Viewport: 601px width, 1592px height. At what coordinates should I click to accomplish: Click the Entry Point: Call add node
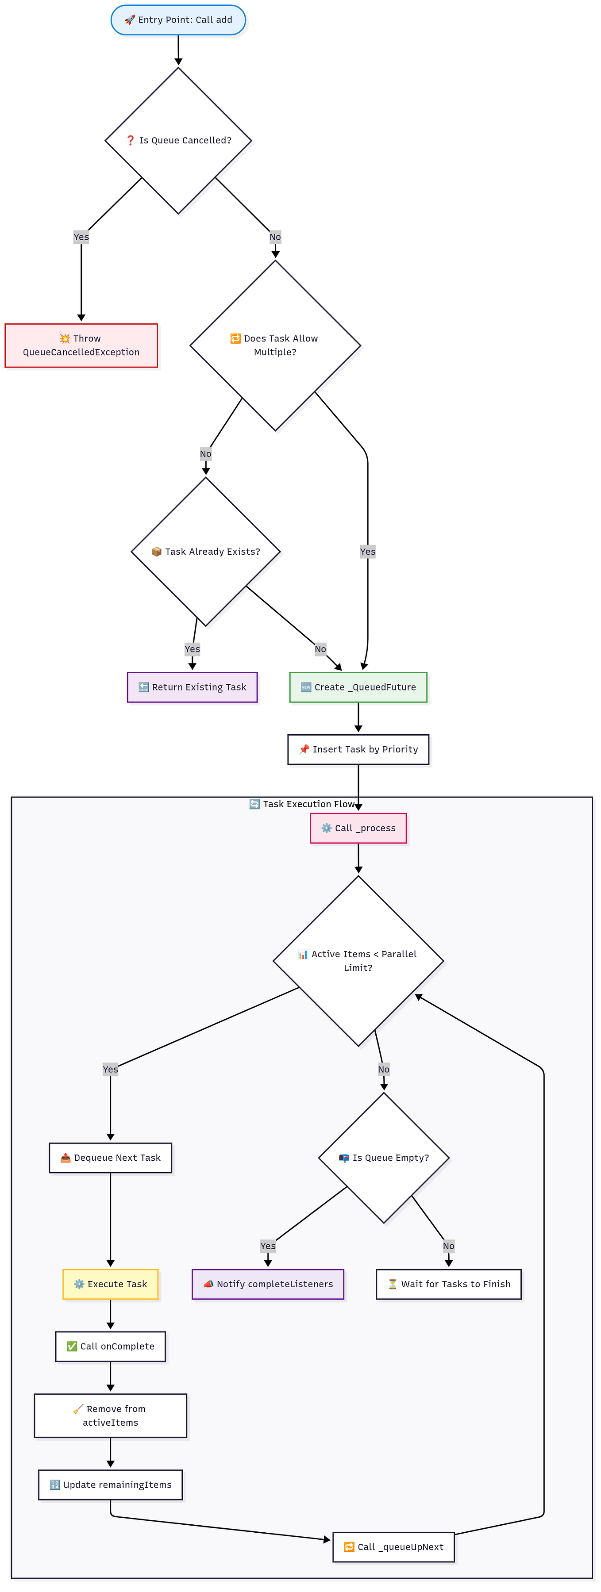[178, 20]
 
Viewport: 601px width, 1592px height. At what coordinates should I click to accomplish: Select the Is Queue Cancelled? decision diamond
[178, 140]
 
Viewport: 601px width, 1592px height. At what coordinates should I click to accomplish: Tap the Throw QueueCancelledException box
[81, 345]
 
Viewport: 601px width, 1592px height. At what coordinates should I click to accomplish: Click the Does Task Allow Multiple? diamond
[275, 345]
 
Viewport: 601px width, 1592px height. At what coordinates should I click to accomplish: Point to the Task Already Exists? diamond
[205, 551]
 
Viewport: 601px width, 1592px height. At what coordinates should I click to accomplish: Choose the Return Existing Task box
[193, 687]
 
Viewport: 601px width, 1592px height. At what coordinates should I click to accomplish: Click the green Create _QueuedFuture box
[358, 687]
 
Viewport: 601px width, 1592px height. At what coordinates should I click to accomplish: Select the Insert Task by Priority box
[358, 750]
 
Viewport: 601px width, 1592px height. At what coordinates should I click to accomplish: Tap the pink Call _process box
[358, 828]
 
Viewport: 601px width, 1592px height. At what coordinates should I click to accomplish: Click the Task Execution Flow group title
[302, 804]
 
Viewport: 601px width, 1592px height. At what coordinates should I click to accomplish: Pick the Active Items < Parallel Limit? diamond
[358, 961]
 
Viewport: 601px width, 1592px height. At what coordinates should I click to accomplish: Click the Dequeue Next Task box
[111, 1158]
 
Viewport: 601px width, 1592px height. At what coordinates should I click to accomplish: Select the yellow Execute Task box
[111, 1284]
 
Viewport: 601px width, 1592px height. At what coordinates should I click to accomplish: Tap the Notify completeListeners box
[268, 1284]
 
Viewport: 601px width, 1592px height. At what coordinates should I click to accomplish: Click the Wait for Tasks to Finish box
[448, 1284]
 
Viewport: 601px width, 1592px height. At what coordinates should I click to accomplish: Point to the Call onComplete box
[111, 1346]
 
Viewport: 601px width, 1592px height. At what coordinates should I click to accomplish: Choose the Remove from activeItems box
[111, 1416]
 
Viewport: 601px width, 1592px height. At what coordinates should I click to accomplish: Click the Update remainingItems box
[111, 1485]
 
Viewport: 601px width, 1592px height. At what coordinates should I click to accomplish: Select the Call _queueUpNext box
[393, 1547]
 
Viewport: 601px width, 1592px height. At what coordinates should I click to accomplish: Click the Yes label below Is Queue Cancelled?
[81, 237]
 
